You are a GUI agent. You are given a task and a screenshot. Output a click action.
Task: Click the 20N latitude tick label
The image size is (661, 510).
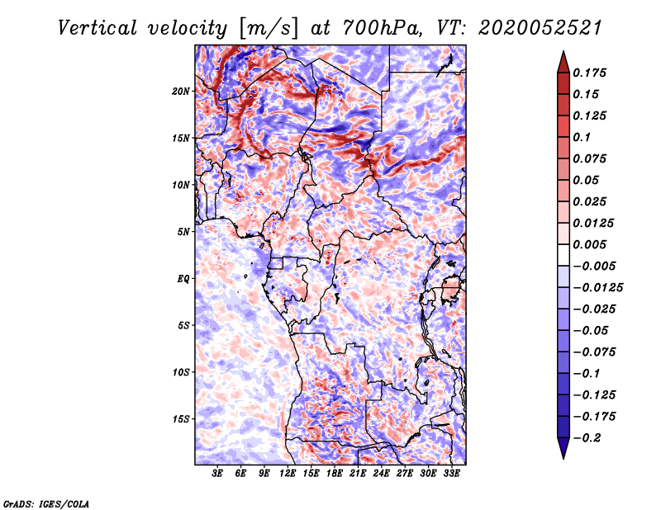(x=181, y=92)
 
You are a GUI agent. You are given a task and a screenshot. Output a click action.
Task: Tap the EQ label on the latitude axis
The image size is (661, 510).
(x=183, y=279)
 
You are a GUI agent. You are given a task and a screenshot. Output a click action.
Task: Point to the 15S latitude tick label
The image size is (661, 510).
(x=181, y=419)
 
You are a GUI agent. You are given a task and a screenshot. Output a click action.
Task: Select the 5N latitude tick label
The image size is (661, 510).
(x=183, y=232)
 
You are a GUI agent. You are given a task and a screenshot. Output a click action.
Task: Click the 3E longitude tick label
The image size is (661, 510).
(x=217, y=474)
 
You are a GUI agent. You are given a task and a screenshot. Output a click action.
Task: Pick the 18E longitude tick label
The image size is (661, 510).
(x=335, y=474)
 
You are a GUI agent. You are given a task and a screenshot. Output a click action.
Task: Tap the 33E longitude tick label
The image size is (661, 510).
(x=451, y=474)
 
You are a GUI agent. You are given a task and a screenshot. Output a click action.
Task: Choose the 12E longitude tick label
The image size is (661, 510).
(x=288, y=474)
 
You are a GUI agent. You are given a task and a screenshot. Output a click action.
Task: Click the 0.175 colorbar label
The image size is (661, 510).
(x=589, y=73)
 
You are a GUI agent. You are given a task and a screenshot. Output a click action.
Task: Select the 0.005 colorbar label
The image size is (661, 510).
(x=589, y=244)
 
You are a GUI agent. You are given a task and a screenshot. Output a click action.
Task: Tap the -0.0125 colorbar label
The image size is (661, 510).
(x=597, y=288)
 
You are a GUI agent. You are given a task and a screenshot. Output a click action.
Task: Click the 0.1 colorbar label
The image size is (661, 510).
(x=582, y=137)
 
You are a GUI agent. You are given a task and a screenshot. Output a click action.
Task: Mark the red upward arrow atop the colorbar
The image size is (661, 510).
(x=564, y=62)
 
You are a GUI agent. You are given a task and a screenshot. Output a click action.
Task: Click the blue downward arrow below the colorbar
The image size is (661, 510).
(x=564, y=448)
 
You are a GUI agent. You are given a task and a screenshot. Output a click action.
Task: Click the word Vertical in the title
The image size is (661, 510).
(x=97, y=28)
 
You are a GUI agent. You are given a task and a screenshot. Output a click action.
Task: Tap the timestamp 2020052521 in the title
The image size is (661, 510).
(x=540, y=28)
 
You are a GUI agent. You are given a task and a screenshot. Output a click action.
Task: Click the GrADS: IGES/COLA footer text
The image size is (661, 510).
(x=46, y=504)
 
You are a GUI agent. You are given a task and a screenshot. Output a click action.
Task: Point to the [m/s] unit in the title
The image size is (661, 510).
(x=269, y=28)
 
